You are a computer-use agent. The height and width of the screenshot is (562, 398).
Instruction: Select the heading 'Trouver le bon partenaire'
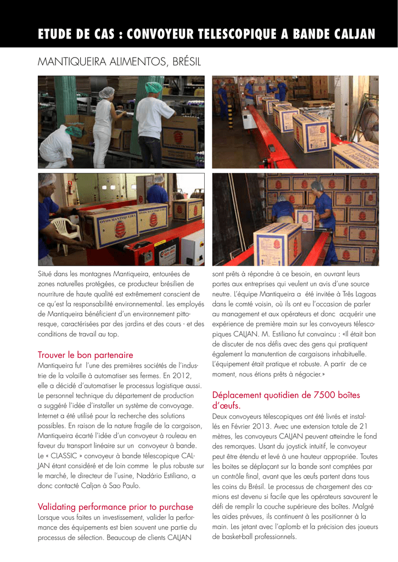coord(85,355)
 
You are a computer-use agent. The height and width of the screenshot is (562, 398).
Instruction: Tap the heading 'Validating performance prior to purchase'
coord(115,506)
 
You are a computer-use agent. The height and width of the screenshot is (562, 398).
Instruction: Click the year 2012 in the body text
coord(181,375)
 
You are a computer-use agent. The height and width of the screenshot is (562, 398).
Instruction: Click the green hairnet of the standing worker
coord(154,87)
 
